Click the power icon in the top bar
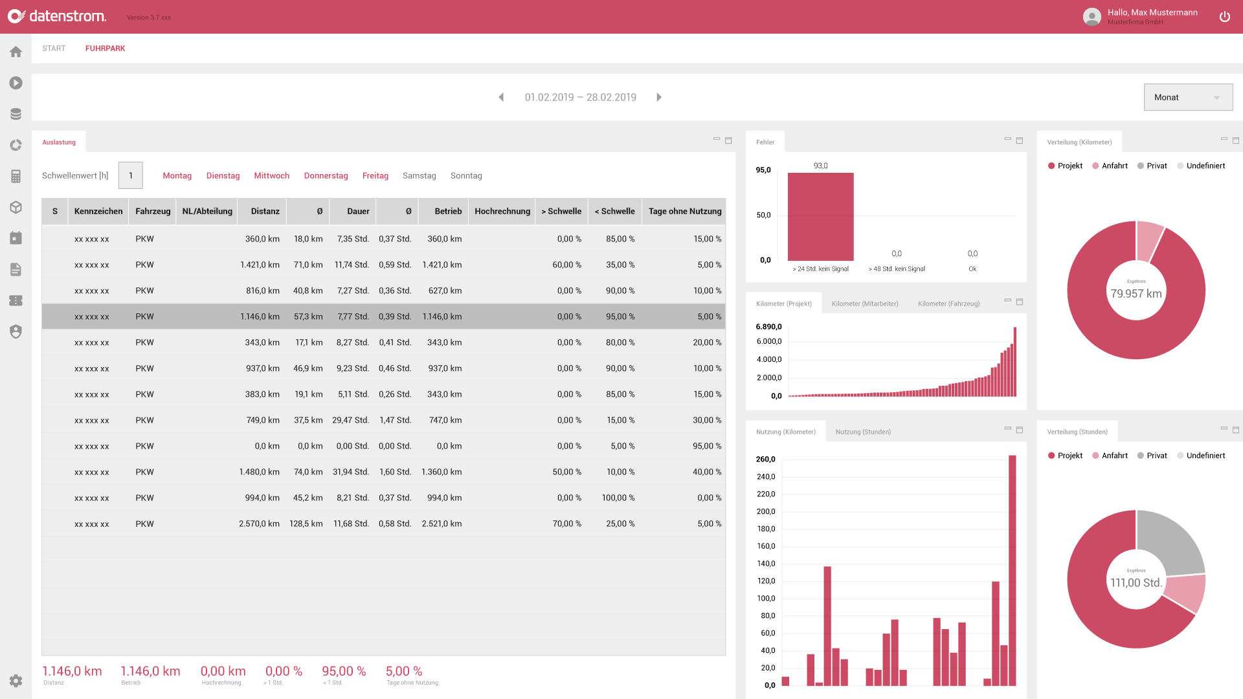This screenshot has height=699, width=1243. (x=1224, y=17)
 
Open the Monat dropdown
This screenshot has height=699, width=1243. (x=1187, y=97)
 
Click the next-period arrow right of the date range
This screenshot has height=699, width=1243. (x=659, y=97)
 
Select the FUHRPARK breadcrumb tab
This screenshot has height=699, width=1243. (x=105, y=49)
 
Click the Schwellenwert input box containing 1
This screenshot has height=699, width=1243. (x=130, y=175)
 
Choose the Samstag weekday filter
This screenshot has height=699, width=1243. (x=419, y=175)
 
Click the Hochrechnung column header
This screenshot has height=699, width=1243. (x=502, y=211)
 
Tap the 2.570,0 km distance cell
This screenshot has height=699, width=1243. (x=259, y=524)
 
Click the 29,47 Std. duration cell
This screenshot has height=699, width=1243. (x=350, y=420)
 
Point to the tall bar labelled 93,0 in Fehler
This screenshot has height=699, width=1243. (x=820, y=217)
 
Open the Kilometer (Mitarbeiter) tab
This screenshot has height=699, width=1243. (x=864, y=304)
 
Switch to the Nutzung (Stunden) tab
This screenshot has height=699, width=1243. (x=862, y=432)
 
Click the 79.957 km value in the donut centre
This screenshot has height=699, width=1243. (x=1136, y=293)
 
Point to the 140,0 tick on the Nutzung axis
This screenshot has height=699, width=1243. (x=766, y=564)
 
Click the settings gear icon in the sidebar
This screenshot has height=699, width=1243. (x=16, y=680)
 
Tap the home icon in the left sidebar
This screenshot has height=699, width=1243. (x=16, y=52)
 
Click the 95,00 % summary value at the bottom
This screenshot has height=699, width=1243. (x=344, y=671)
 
